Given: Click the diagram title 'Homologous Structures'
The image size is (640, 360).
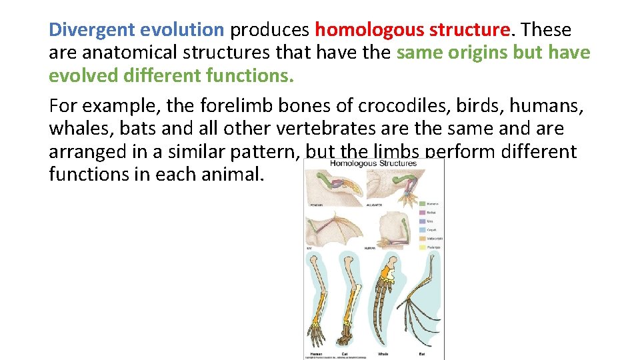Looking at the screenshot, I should click(373, 163).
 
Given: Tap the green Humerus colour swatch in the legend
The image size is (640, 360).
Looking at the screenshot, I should click(422, 203).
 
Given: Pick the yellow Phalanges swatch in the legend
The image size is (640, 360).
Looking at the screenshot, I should click(422, 247).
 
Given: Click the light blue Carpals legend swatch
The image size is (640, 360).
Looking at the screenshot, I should click(422, 229).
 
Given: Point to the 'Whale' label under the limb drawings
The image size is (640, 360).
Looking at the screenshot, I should click(383, 353).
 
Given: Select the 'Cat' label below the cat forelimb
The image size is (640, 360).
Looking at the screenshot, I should click(344, 353).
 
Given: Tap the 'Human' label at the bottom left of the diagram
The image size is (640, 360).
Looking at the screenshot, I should click(317, 353).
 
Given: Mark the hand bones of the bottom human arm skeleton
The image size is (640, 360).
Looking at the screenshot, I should click(315, 333).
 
